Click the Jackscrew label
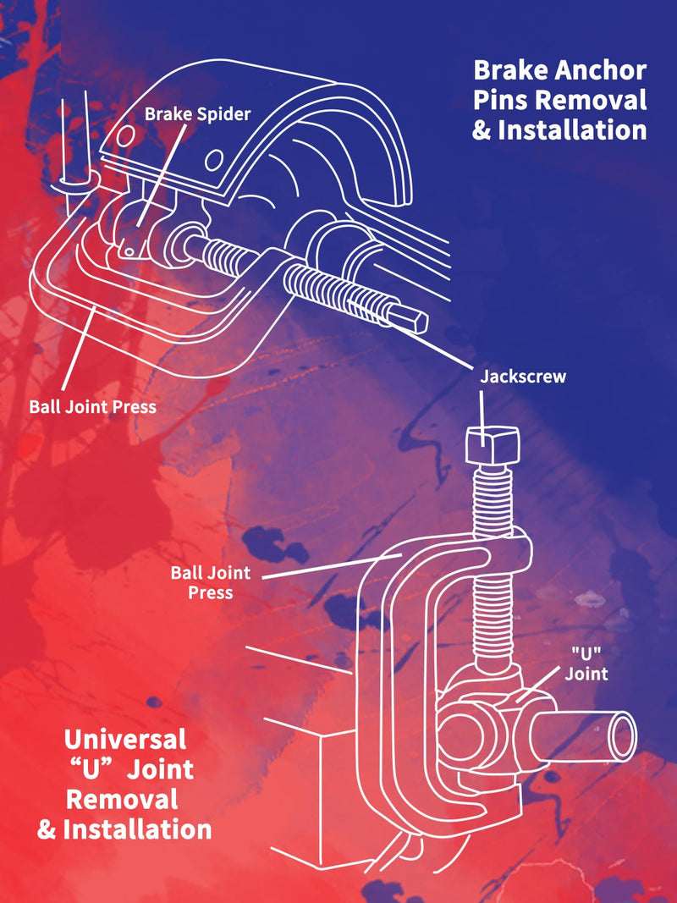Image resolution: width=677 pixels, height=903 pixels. pos(523,377)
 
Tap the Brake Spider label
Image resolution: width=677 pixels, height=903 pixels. pos(197,113)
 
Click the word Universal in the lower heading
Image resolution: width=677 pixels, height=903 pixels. pos(125,740)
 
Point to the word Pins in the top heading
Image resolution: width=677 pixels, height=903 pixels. pos(501,100)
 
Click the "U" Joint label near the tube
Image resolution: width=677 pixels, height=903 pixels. pos(586,663)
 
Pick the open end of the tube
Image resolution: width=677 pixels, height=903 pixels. pos(623,736)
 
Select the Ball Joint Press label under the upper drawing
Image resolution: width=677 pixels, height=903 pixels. pos(93,406)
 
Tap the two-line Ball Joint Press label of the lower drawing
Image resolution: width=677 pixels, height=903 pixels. pos(211,582)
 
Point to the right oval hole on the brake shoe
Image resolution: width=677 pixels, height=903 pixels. pos(214,159)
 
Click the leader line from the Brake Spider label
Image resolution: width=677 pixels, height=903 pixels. pos(162,176)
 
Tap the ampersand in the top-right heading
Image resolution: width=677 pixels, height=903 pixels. pos(482,130)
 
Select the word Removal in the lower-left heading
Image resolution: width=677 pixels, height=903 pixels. pos(122,800)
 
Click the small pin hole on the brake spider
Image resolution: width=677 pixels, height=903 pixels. pos(130,251)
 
